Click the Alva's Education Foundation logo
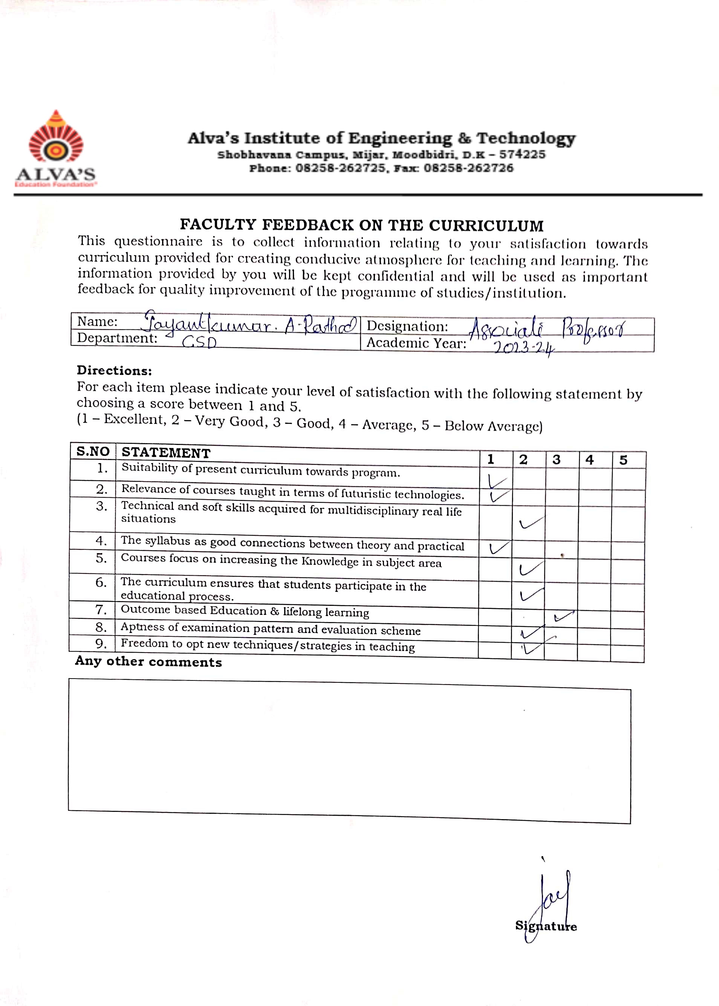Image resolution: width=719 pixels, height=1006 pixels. (x=56, y=148)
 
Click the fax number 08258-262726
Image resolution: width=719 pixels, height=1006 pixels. (x=468, y=168)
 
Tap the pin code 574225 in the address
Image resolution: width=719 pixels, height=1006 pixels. (x=522, y=154)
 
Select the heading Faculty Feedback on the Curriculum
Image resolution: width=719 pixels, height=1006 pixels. (x=361, y=225)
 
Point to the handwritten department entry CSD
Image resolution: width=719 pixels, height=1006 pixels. (x=199, y=342)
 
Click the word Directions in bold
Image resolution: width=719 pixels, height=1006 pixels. (x=114, y=370)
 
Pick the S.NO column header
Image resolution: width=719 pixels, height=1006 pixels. (x=93, y=451)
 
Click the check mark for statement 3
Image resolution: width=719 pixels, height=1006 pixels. (x=531, y=523)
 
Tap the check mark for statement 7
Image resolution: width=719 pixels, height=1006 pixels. (x=564, y=615)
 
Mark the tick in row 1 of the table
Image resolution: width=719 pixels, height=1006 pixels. (x=496, y=481)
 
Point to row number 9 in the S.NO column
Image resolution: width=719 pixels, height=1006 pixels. (x=101, y=644)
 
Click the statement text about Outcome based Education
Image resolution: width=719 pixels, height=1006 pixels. (x=245, y=611)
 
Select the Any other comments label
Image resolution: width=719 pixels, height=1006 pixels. (x=148, y=662)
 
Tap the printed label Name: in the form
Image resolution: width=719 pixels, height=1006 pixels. (x=97, y=321)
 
